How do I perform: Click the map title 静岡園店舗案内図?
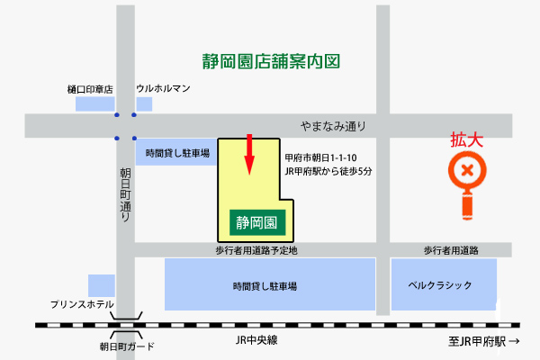coord(271,63)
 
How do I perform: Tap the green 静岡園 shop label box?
coord(256,220)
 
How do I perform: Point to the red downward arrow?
coord(250,156)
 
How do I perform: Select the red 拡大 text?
coord(467,140)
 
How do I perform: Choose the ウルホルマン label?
coord(164,89)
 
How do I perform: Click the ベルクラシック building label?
coord(440,285)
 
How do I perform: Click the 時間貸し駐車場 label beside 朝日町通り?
coord(177,154)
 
